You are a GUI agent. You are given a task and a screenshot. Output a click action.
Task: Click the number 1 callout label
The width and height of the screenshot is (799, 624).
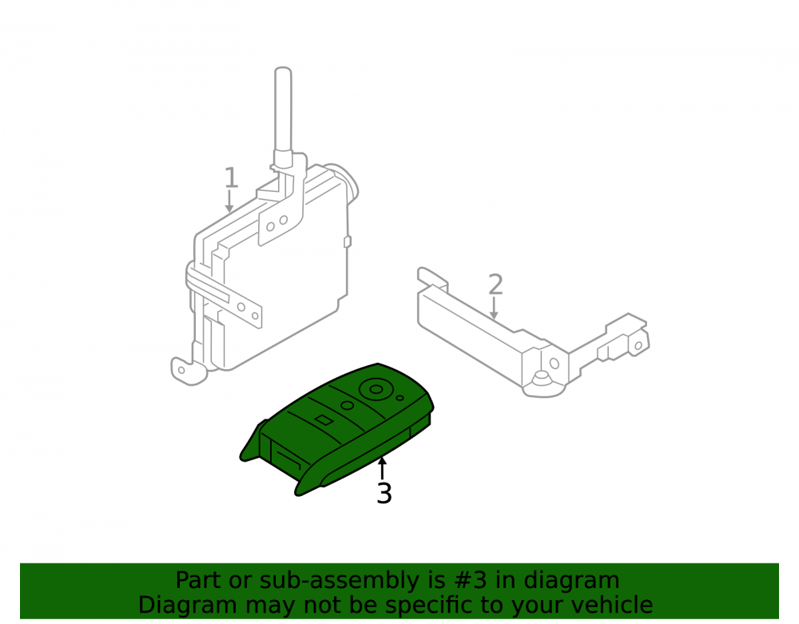pyautogui.click(x=232, y=177)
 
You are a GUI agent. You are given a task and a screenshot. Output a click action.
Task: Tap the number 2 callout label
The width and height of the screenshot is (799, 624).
pyautogui.click(x=495, y=284)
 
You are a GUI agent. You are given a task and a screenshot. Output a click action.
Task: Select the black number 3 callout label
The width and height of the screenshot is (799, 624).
pyautogui.click(x=384, y=493)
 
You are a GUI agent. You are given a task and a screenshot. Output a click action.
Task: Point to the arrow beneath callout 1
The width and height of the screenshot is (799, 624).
pyautogui.click(x=230, y=201)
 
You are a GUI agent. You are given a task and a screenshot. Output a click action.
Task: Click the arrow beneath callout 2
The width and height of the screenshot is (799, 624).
pyautogui.click(x=493, y=308)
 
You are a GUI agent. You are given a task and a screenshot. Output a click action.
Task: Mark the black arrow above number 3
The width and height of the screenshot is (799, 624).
pyautogui.click(x=382, y=469)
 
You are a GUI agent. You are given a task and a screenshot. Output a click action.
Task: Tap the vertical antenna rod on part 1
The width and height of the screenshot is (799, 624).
pyautogui.click(x=283, y=112)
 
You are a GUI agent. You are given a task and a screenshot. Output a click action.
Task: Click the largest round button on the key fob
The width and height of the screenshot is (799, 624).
pyautogui.click(x=376, y=390)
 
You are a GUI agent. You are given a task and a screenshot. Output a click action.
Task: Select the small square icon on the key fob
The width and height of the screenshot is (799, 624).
pyautogui.click(x=324, y=419)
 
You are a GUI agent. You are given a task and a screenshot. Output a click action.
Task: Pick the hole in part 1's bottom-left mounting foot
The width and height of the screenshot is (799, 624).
pyautogui.click(x=181, y=370)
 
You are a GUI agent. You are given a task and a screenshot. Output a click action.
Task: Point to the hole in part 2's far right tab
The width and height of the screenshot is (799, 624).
pyautogui.click(x=638, y=346)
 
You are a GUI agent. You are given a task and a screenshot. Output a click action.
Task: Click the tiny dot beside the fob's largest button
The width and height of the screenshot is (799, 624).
pyautogui.click(x=400, y=398)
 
